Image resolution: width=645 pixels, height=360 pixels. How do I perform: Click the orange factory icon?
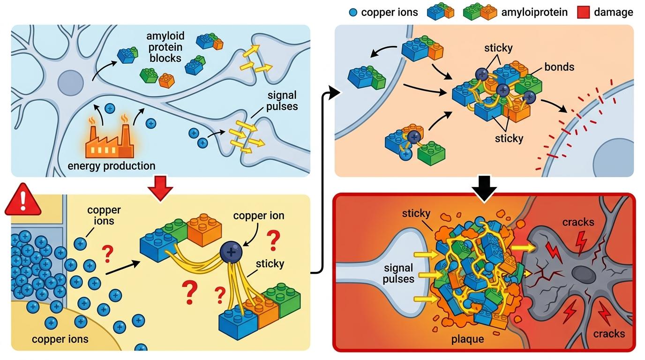(110, 141)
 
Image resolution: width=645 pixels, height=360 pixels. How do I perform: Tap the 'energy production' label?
(112, 166)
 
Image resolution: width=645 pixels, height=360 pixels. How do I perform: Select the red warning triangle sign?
(23, 200)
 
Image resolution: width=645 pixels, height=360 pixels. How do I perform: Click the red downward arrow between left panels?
(160, 188)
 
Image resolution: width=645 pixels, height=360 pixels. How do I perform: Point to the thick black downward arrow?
(484, 188)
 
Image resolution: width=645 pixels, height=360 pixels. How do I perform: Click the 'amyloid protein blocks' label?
(165, 47)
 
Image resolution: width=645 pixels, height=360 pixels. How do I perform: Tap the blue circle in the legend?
(353, 12)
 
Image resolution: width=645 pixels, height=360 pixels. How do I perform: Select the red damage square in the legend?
(584, 12)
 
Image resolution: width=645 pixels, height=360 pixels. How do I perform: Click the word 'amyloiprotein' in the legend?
(534, 12)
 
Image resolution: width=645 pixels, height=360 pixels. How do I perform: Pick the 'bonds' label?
(559, 67)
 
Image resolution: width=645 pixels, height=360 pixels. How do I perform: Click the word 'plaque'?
(467, 339)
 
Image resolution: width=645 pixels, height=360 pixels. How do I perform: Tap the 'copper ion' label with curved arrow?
(259, 216)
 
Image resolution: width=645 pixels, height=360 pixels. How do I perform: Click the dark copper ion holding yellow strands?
(231, 252)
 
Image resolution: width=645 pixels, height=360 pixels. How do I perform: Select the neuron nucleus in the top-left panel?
(70, 83)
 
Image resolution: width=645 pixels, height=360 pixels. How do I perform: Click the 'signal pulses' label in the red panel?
(398, 273)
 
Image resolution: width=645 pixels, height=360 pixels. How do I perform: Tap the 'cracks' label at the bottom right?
(609, 333)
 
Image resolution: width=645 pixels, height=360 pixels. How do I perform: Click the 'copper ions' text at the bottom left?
(60, 339)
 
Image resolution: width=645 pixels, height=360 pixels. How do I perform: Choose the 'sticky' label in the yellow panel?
(270, 263)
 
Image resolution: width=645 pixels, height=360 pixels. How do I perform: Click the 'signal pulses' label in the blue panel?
(282, 101)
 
